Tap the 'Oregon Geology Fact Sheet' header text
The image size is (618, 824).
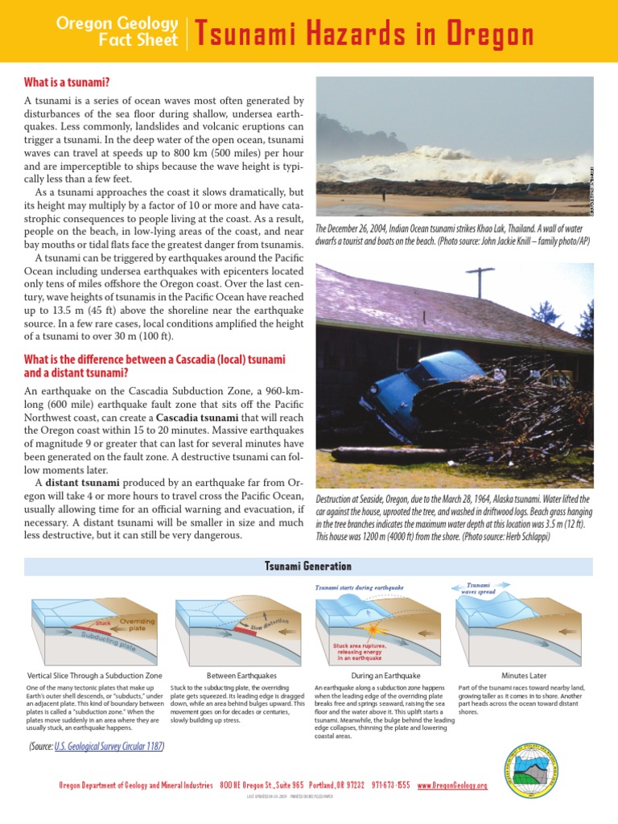(117, 31)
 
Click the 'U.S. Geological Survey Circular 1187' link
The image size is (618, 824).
(109, 747)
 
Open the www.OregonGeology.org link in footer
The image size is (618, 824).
(452, 785)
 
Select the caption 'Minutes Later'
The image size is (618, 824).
(524, 676)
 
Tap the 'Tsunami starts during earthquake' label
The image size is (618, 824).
(359, 588)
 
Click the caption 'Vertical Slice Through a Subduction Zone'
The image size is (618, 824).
(95, 676)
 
